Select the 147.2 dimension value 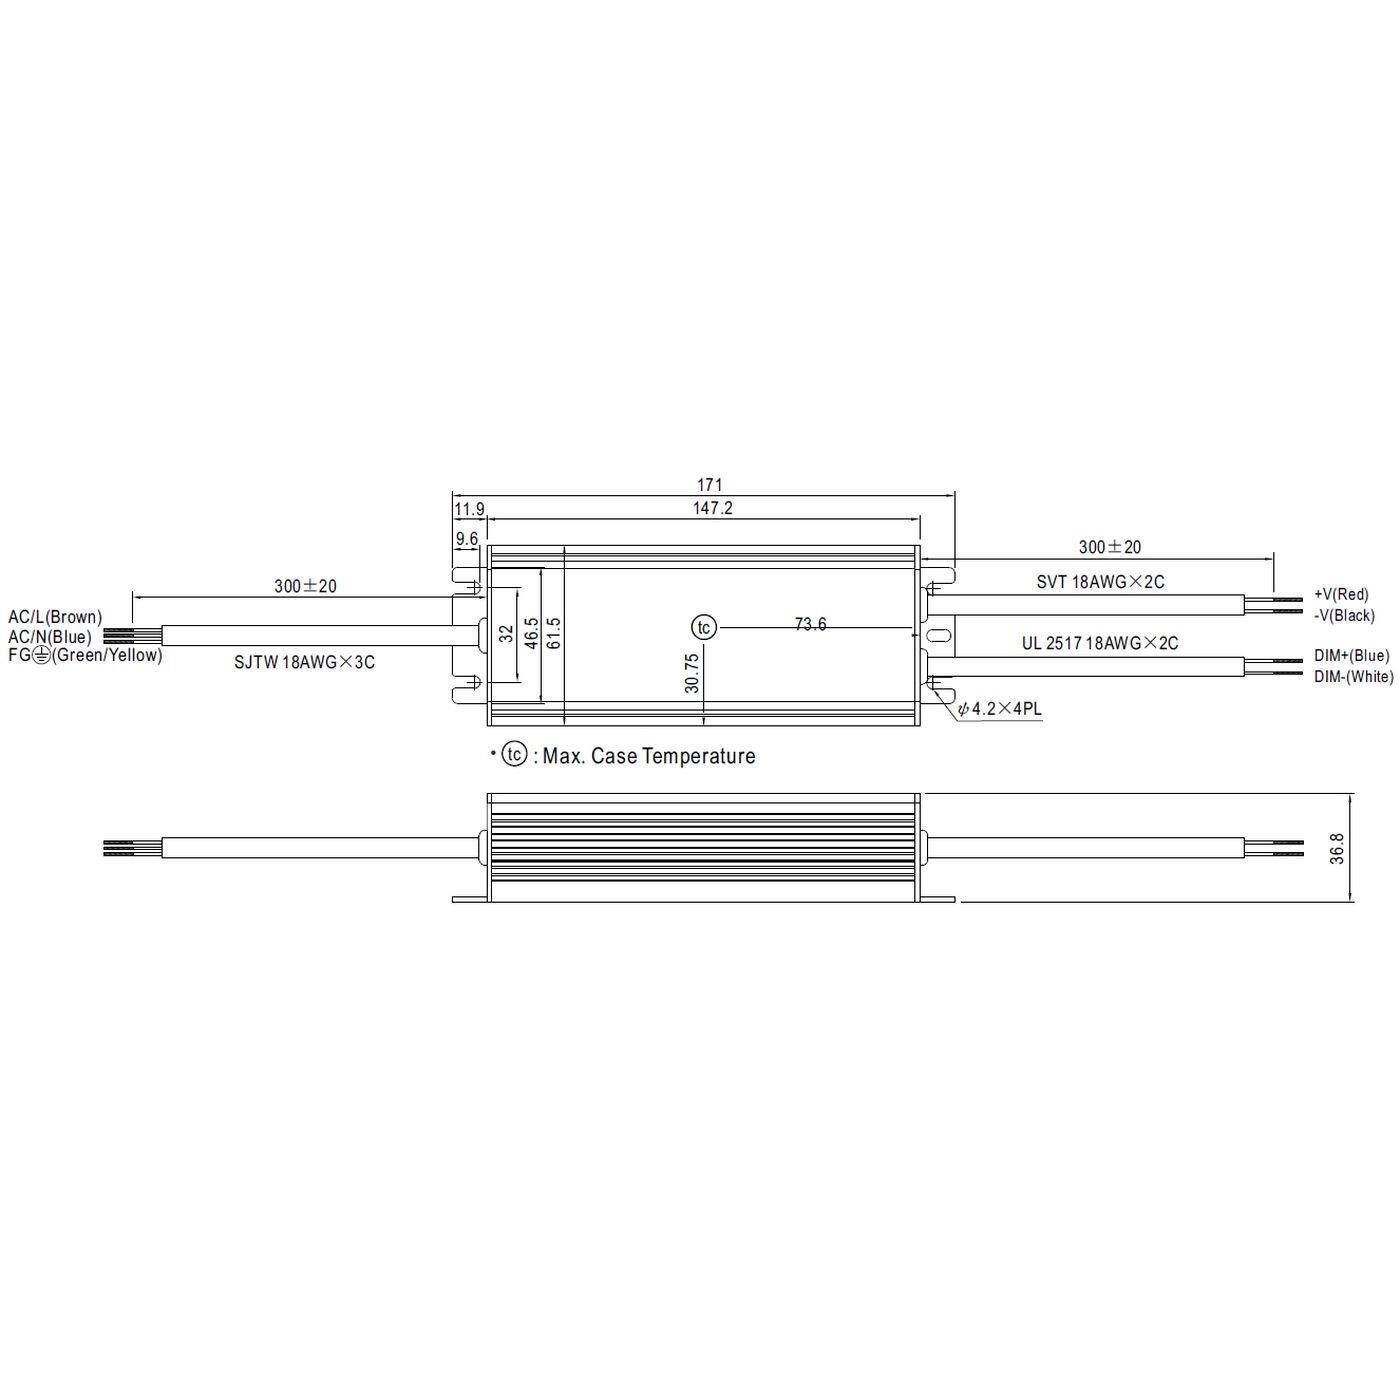(x=713, y=508)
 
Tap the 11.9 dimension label (x=469, y=510)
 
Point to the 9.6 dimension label (x=467, y=539)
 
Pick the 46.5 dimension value (x=531, y=633)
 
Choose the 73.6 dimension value (x=810, y=625)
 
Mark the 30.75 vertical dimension (x=691, y=673)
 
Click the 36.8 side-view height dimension (x=1338, y=848)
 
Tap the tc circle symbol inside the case (x=704, y=627)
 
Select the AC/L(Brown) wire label (x=55, y=617)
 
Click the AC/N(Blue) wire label (x=50, y=636)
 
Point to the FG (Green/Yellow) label (x=84, y=655)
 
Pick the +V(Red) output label (x=1341, y=594)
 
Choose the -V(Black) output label (x=1344, y=615)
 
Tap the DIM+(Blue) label (x=1351, y=655)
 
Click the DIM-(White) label (x=1353, y=677)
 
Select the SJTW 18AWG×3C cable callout (x=304, y=662)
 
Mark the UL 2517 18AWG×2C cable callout (x=1099, y=643)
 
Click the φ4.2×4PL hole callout (x=999, y=709)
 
